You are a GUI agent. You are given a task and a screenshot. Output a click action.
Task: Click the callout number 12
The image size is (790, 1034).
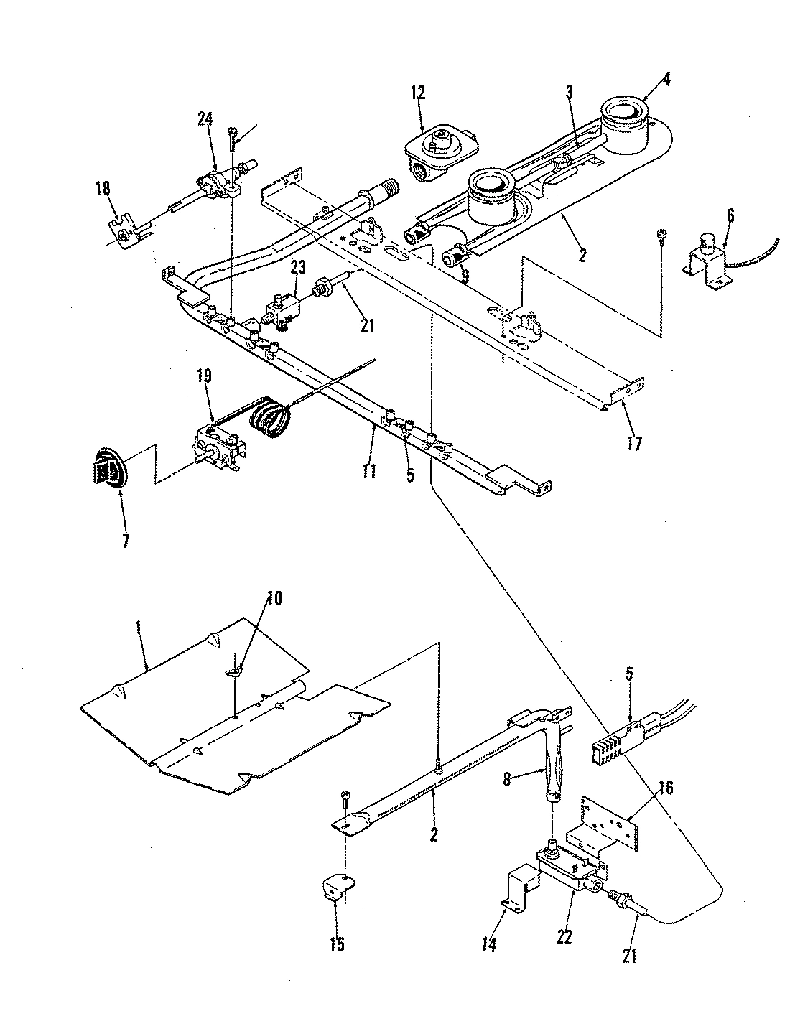click(x=418, y=92)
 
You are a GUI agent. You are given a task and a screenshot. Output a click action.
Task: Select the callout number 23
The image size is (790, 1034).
click(x=298, y=267)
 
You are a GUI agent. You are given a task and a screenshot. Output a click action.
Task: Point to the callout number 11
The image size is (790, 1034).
click(x=367, y=455)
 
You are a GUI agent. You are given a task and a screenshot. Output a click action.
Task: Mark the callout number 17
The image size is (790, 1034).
click(x=632, y=443)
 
